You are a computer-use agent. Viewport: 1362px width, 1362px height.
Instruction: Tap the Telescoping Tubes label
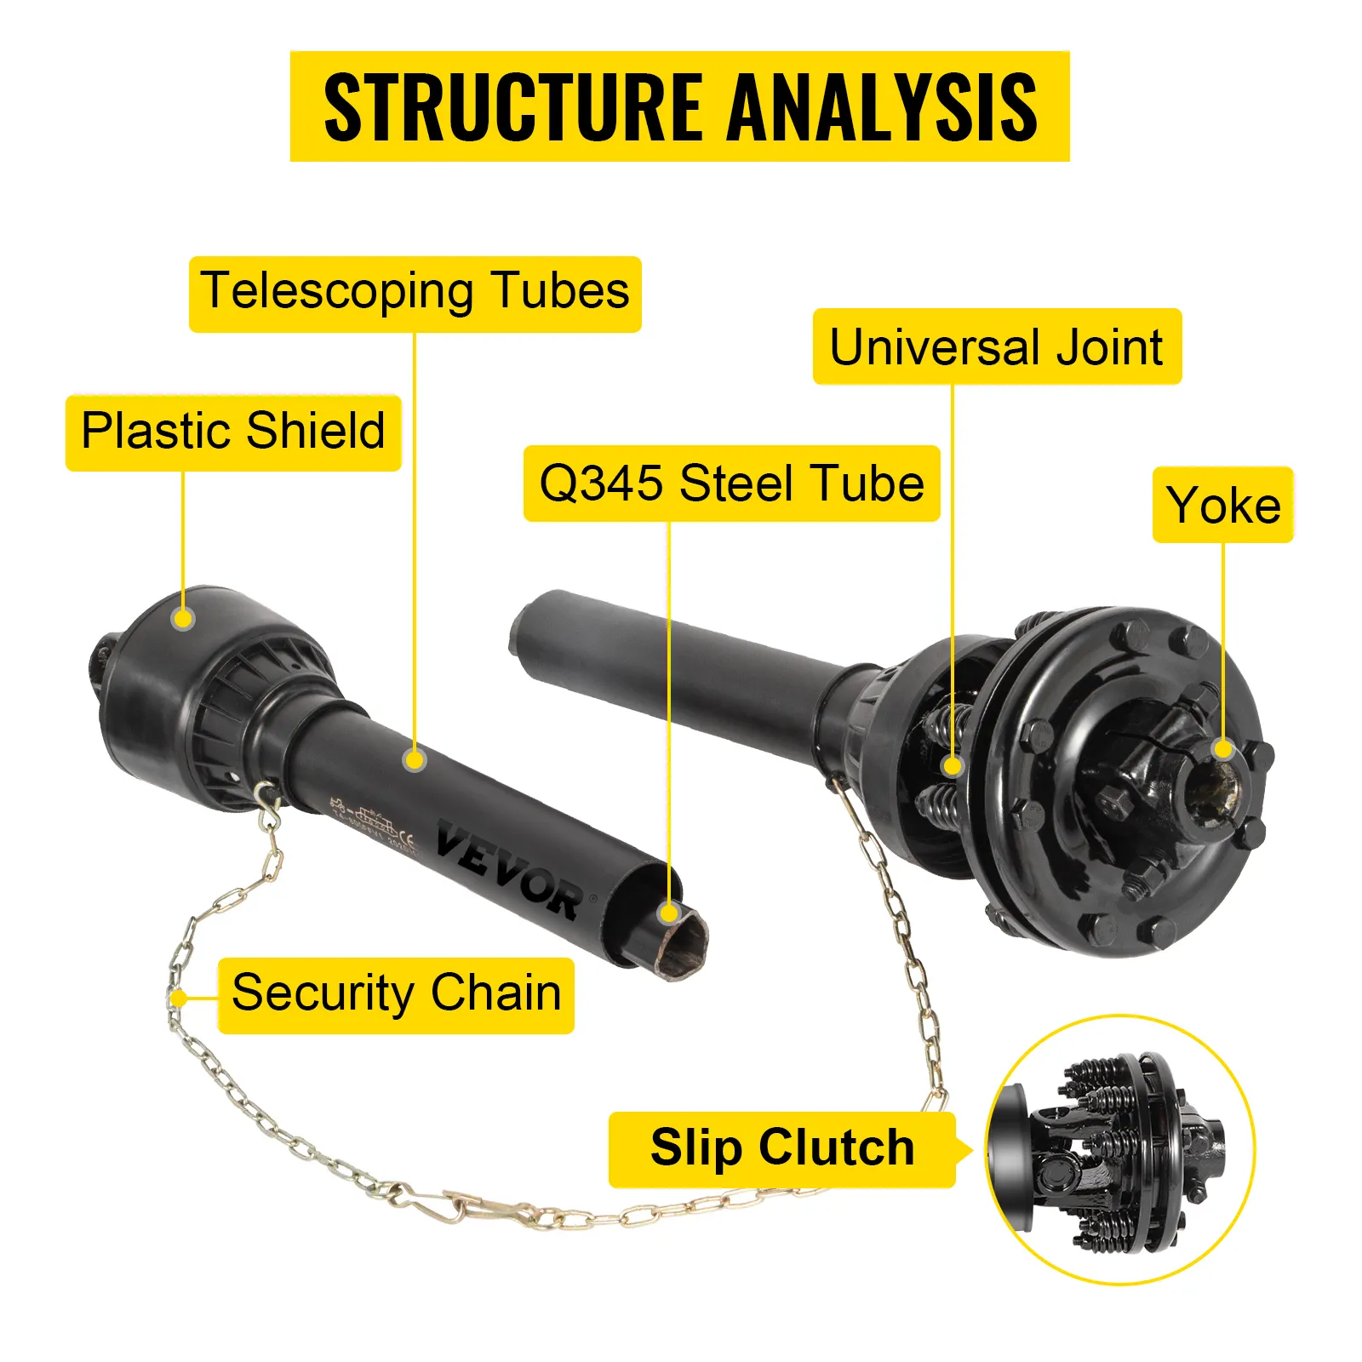pos(415,292)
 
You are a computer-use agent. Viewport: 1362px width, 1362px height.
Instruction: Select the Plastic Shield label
pos(232,431)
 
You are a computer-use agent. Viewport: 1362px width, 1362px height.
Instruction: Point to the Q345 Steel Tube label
pos(731,484)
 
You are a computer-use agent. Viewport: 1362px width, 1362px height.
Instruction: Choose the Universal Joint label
pos(996,347)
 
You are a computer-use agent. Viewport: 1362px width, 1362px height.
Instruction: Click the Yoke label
pos(1222,505)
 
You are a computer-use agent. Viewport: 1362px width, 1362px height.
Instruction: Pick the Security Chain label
pos(396,993)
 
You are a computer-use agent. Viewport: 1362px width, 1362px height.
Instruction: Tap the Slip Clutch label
pos(782,1147)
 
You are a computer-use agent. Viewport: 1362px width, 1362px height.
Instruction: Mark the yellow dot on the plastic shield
pos(183,618)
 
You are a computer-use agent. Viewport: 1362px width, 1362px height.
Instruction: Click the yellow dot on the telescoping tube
pos(415,759)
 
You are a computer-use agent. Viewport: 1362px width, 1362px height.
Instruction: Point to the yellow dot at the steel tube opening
pos(669,913)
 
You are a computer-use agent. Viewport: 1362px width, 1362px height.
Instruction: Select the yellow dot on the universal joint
pos(953,766)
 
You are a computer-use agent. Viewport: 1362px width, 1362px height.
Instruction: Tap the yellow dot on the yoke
pos(1223,749)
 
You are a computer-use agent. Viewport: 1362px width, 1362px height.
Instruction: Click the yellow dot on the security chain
pos(178,998)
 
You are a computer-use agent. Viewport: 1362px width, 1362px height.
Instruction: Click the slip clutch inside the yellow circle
pos(1119,1149)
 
